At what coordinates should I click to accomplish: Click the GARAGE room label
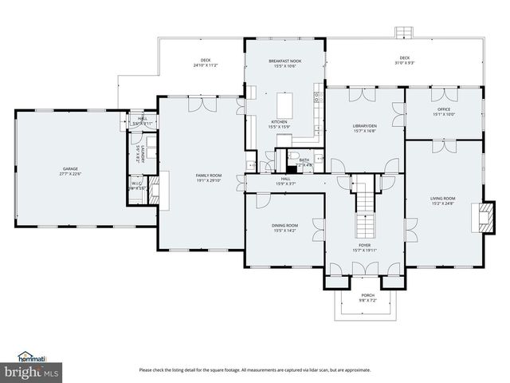tap(71, 169)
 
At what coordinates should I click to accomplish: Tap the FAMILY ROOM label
tap(210, 175)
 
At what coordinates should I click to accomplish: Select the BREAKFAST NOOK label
tap(284, 61)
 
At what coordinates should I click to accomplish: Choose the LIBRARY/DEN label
tap(364, 126)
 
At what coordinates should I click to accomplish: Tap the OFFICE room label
tap(443, 109)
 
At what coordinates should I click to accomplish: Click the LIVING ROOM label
tap(442, 198)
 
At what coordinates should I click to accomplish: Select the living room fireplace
tap(481, 216)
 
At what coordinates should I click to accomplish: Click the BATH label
tap(304, 160)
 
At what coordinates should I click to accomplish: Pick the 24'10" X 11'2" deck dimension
tap(206, 65)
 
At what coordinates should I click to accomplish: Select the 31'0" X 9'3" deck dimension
tap(405, 62)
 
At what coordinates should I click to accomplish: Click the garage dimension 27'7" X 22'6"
tap(71, 174)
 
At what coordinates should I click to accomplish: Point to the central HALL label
tap(284, 180)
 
